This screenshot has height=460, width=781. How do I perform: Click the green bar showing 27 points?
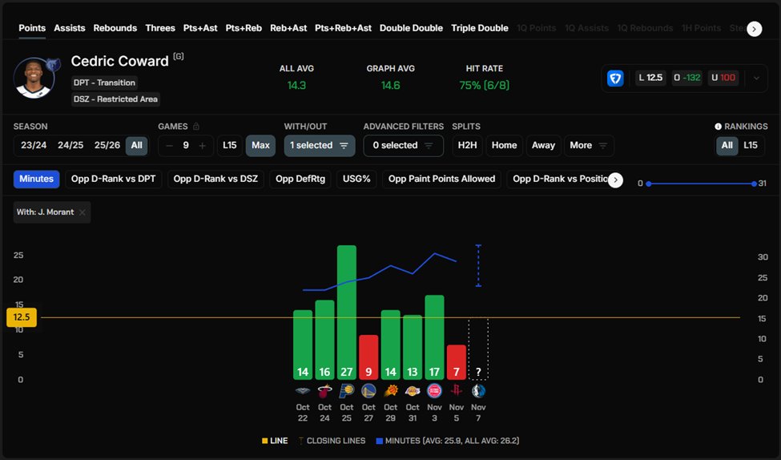coord(346,312)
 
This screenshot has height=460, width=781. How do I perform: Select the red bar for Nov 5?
coord(456,361)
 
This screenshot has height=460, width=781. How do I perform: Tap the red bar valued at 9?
coord(368,357)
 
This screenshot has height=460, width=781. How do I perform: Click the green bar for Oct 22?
coord(303,344)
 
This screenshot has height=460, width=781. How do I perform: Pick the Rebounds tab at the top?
coord(115,28)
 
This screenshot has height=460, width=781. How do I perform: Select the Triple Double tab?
coord(479,28)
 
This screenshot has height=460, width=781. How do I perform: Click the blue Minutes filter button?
coord(36,179)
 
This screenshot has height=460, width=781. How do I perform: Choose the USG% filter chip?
coord(356,179)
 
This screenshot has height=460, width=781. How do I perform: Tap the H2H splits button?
coord(466,145)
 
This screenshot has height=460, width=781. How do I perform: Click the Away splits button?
coord(543,145)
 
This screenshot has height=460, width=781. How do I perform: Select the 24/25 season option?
coord(70,145)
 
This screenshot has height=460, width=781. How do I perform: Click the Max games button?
coord(260,145)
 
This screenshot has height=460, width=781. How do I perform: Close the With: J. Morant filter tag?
coord(83,212)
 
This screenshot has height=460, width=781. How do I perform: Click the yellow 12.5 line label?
coord(22,317)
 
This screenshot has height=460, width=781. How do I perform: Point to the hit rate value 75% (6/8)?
coord(484,85)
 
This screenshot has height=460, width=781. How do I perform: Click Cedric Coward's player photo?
coord(34,79)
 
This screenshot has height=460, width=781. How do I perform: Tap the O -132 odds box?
coord(687,78)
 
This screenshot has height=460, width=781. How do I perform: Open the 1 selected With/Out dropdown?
coord(320,145)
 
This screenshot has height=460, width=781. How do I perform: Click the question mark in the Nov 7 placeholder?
coord(478,372)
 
